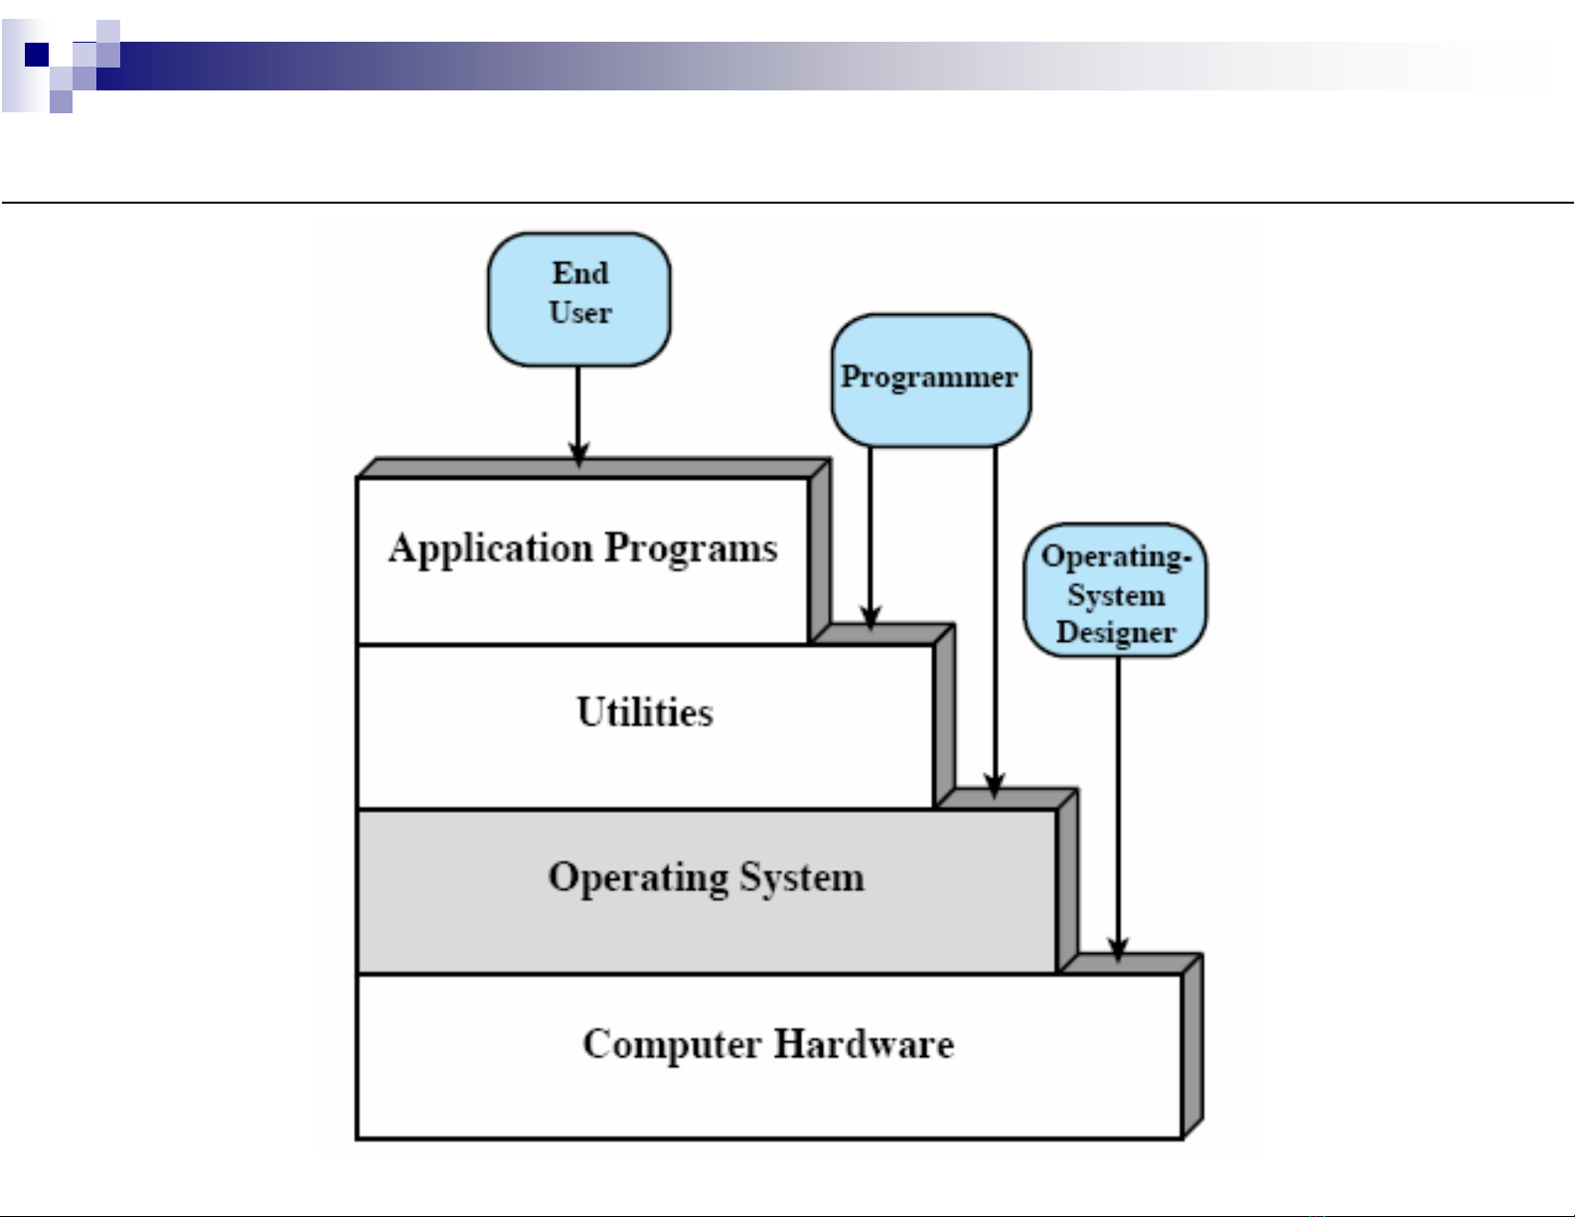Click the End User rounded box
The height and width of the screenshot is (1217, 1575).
(578, 299)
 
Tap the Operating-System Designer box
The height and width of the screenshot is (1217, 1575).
(1115, 591)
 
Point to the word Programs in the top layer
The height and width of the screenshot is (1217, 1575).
(692, 549)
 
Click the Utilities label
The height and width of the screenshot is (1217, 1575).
(645, 712)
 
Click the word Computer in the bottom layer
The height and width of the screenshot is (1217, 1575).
(672, 1044)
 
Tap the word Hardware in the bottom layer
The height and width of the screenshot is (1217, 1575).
(864, 1044)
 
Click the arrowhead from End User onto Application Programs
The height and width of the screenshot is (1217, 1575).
(578, 455)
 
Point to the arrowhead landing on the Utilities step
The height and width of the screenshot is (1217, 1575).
(870, 618)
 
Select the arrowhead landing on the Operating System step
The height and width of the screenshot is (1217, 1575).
(995, 784)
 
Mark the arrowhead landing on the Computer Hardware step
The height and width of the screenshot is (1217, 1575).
(1118, 949)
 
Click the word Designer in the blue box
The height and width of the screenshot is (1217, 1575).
(1116, 633)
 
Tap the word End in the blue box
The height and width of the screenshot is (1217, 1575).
(580, 273)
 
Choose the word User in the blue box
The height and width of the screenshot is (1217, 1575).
(580, 313)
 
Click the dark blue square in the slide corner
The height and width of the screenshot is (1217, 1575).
(37, 54)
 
